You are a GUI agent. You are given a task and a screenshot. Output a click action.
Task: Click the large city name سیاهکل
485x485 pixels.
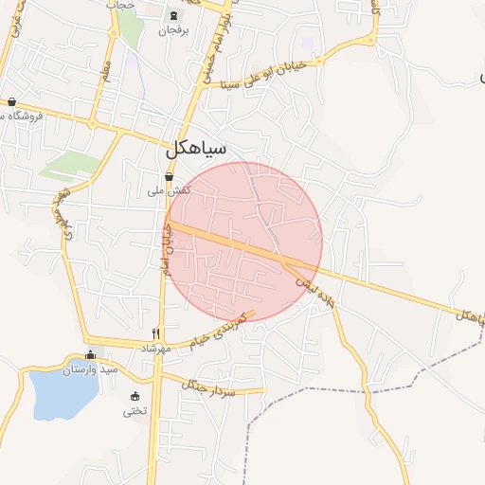click(x=195, y=150)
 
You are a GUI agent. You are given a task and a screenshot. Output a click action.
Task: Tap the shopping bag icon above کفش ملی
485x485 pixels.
click(x=170, y=176)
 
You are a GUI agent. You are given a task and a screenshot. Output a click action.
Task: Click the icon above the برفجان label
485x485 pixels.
click(x=172, y=16)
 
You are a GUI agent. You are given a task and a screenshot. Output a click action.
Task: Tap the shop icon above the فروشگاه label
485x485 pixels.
click(x=11, y=101)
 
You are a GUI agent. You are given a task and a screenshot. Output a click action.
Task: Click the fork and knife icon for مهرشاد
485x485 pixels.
click(x=156, y=333)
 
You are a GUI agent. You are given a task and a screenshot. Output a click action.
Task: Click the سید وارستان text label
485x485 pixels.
click(x=90, y=369)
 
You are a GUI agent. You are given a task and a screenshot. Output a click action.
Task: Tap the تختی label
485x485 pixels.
click(x=135, y=411)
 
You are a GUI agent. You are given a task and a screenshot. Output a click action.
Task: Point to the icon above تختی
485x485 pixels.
click(x=135, y=396)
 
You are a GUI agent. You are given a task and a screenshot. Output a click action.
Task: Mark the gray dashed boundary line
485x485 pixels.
click(x=322, y=390)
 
